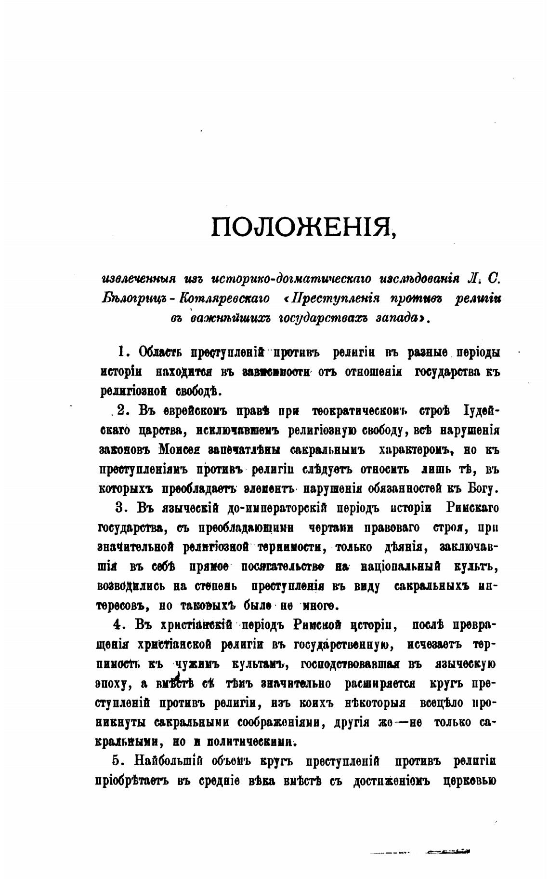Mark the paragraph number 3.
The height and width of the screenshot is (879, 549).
[x=120, y=508]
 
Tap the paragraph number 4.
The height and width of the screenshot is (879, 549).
[x=117, y=624]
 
